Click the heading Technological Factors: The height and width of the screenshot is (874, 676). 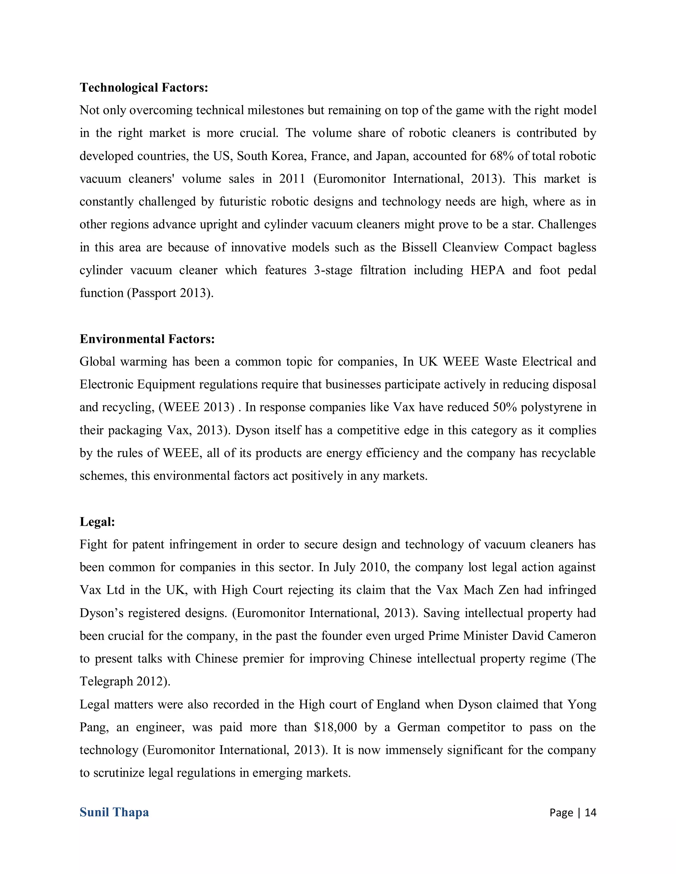(144, 88)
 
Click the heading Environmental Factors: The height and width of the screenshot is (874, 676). (147, 339)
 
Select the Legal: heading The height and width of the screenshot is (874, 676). (97, 522)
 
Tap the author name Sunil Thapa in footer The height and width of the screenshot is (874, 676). (114, 812)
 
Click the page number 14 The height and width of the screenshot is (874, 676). (590, 812)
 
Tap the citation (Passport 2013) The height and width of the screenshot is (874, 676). (170, 293)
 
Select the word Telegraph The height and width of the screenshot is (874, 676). (106, 681)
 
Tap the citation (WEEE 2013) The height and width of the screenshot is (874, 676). (197, 407)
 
